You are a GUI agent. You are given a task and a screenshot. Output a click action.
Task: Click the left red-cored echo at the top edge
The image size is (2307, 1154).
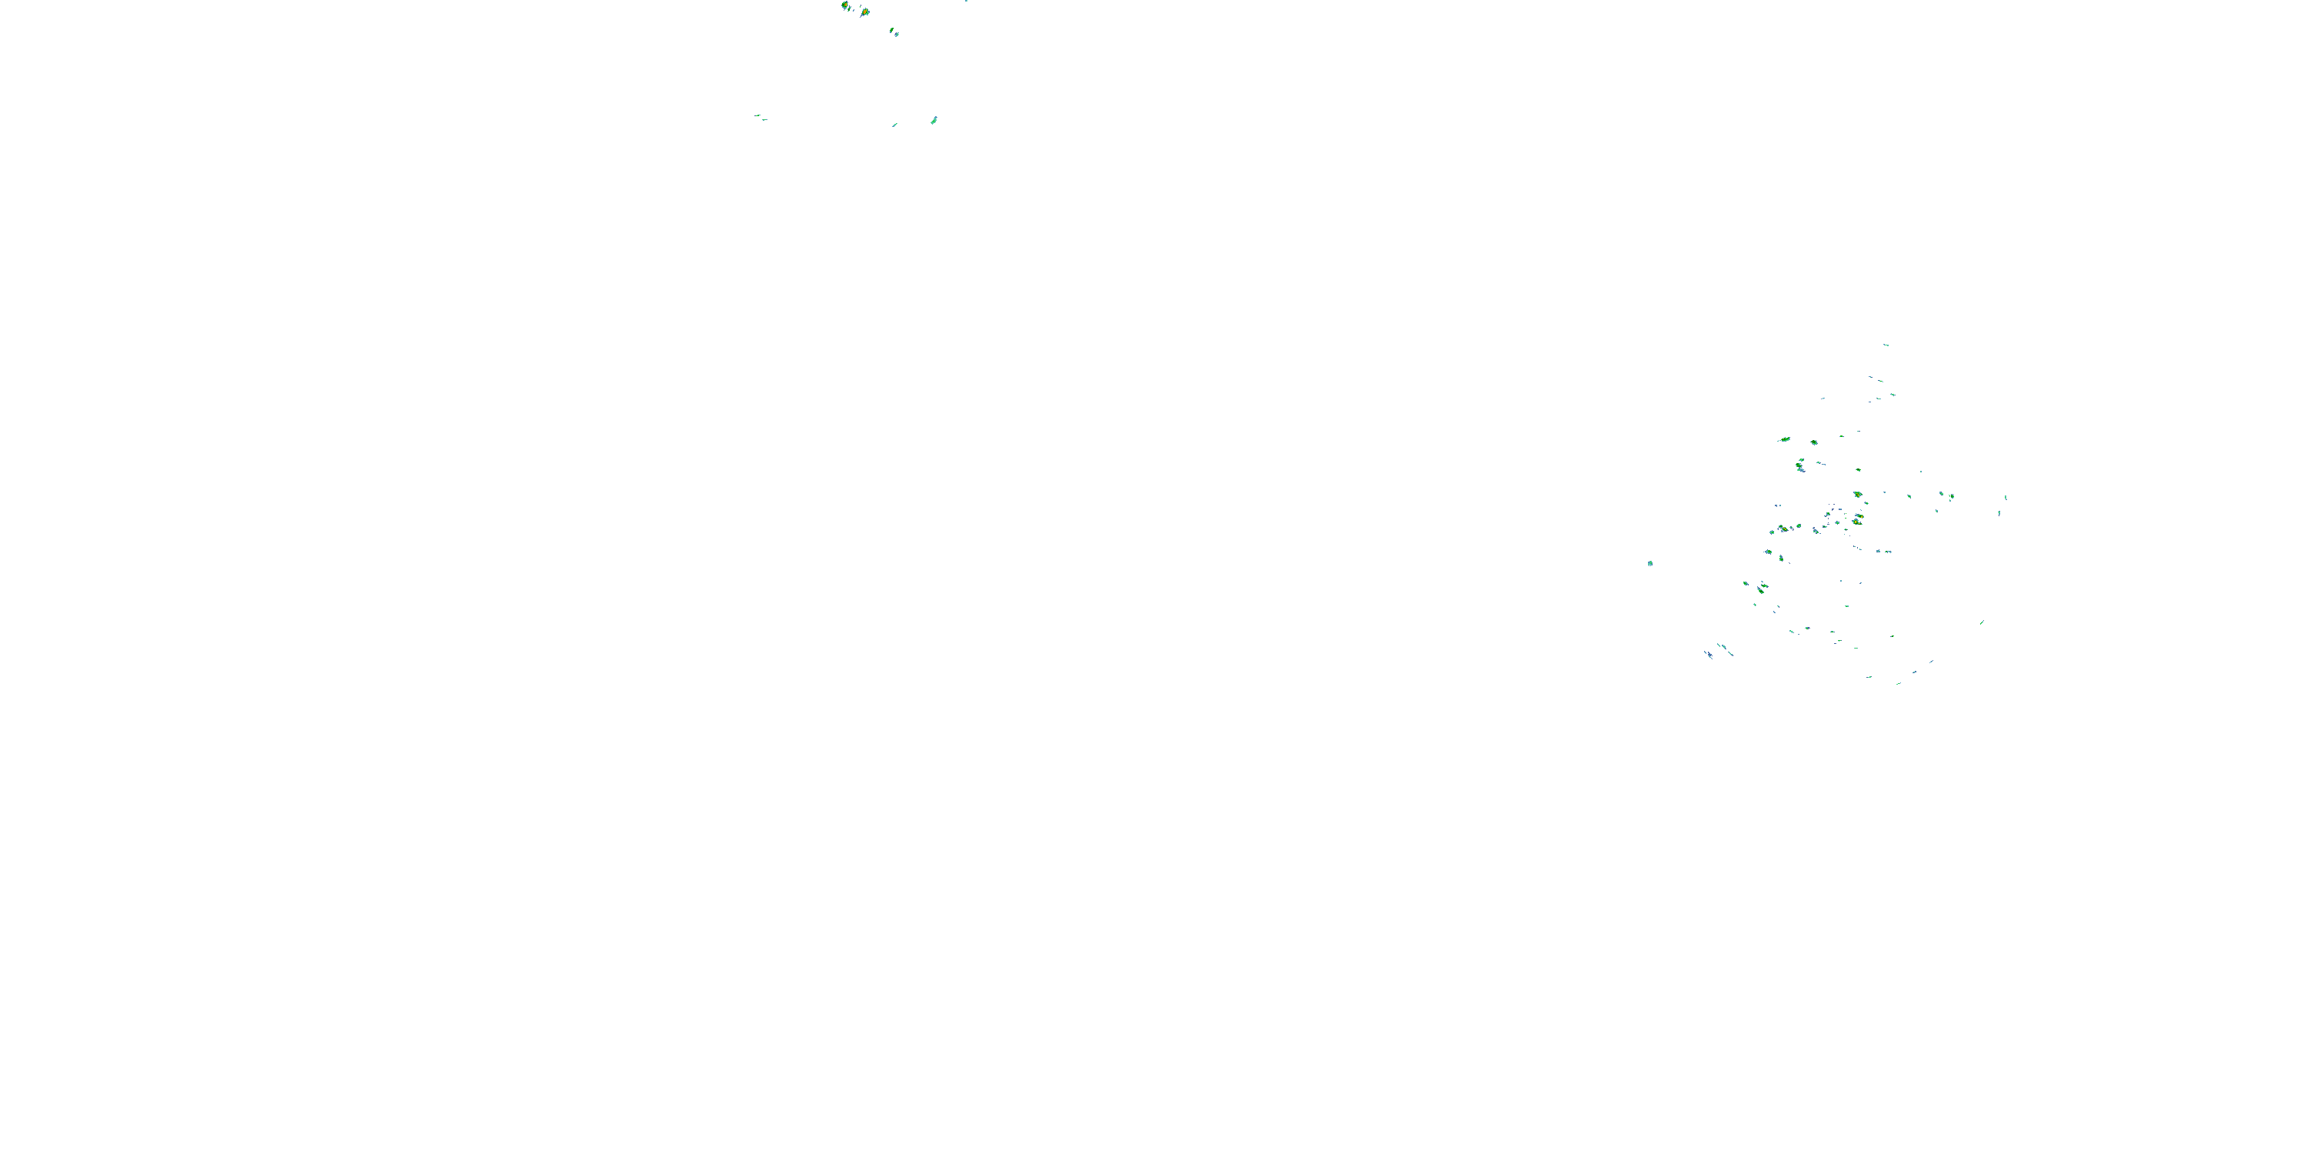click(x=845, y=6)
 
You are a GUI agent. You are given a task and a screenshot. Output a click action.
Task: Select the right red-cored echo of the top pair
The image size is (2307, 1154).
click(x=865, y=12)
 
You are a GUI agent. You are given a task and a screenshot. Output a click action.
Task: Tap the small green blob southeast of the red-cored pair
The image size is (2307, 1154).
click(x=894, y=32)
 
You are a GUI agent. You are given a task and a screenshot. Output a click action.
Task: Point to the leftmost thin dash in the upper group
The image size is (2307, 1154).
click(x=757, y=115)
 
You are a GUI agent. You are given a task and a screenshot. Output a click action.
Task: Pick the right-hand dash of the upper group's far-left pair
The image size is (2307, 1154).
click(x=764, y=119)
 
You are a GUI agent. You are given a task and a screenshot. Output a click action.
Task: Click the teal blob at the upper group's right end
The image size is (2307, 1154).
click(x=934, y=120)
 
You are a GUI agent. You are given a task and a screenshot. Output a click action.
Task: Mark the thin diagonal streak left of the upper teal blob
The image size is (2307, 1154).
click(x=894, y=125)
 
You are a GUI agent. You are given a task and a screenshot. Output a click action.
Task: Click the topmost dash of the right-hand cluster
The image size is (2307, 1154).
click(x=1886, y=344)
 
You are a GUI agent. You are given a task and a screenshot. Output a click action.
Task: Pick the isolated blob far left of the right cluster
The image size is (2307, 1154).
click(x=1650, y=564)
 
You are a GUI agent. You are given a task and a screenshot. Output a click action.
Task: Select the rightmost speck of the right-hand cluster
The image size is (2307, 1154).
click(x=2006, y=497)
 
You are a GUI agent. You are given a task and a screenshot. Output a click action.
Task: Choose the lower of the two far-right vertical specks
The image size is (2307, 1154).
click(x=1999, y=512)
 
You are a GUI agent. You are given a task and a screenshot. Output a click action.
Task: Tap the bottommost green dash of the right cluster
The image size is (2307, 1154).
click(x=1898, y=684)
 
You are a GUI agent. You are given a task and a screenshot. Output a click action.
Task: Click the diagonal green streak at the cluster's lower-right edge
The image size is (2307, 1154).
click(x=1982, y=622)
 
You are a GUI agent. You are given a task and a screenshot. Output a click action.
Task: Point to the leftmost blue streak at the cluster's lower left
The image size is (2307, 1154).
click(x=1709, y=655)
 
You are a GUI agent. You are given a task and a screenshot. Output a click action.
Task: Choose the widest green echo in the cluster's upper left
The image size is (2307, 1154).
click(x=1785, y=440)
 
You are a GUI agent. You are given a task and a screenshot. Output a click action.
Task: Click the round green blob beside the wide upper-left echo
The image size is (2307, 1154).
click(x=1814, y=442)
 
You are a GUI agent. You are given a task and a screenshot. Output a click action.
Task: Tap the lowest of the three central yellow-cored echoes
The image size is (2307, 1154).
click(x=1856, y=522)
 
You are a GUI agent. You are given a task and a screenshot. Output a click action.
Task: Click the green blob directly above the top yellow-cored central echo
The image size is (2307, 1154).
click(x=1859, y=469)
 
